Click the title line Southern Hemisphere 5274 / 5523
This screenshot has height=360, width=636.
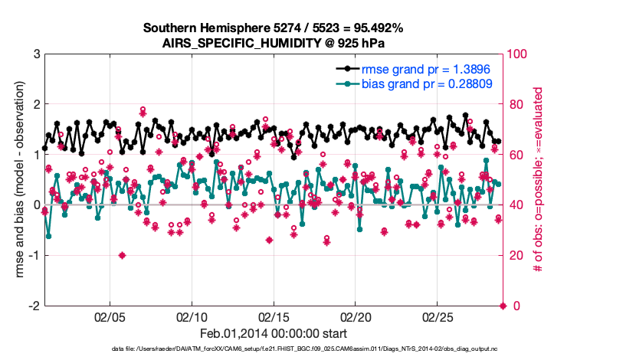(273, 28)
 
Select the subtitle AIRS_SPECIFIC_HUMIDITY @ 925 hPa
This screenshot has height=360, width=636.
(273, 43)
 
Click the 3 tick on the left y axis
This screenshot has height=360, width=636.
(36, 54)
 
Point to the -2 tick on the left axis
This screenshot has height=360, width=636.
(34, 306)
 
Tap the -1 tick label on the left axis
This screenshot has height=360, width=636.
(34, 256)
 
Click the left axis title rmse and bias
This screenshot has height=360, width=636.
(17, 180)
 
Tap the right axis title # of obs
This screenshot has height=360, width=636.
(539, 180)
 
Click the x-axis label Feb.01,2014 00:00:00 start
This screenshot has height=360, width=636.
(274, 334)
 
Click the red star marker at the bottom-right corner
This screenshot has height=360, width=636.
(503, 306)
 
